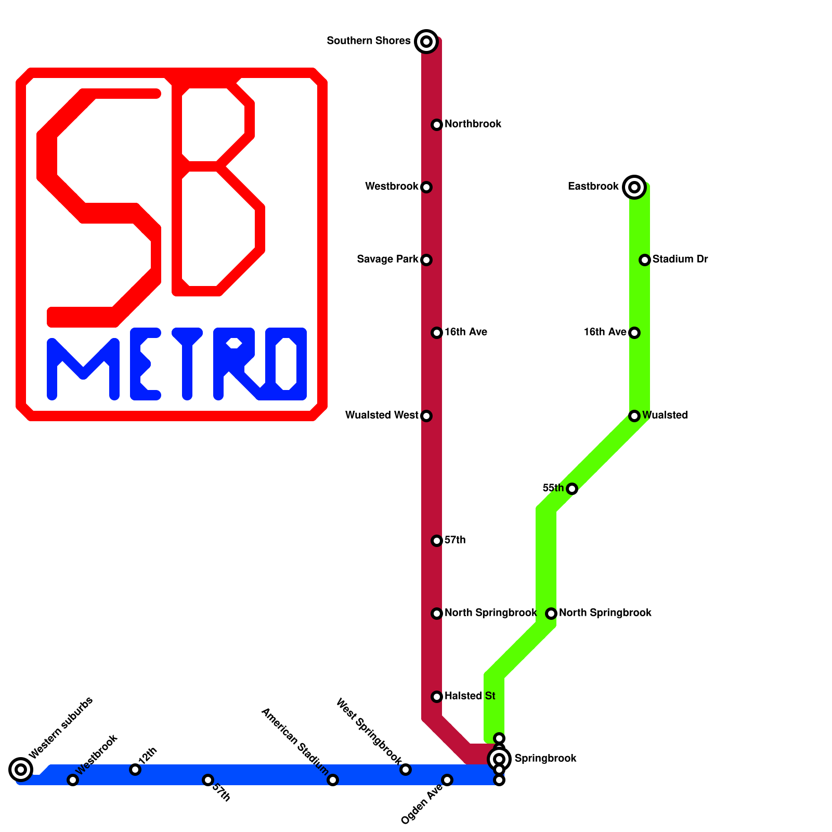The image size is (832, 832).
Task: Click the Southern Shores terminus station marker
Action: click(x=426, y=41)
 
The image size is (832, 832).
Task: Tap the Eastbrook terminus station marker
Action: click(x=634, y=187)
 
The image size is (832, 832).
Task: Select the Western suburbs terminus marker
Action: click(x=21, y=769)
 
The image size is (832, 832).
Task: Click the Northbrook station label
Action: click(x=473, y=124)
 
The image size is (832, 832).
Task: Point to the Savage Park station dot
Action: click(x=426, y=259)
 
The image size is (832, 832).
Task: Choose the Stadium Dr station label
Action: click(x=680, y=259)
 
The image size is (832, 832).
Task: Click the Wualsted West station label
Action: click(x=382, y=415)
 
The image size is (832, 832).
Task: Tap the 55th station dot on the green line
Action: click(x=572, y=488)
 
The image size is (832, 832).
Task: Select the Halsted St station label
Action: click(x=470, y=696)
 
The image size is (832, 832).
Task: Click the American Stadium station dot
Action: click(x=333, y=779)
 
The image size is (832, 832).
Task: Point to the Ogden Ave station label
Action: click(x=421, y=804)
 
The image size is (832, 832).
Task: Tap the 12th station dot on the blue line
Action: click(x=135, y=769)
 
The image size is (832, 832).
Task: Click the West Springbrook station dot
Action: click(x=406, y=769)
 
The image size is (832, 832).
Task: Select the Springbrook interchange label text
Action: click(x=545, y=759)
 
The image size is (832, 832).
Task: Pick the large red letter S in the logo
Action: click(x=99, y=208)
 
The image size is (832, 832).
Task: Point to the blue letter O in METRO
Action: click(x=286, y=364)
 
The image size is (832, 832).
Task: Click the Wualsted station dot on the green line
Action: click(x=634, y=415)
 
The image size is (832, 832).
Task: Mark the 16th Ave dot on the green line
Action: click(x=634, y=332)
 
